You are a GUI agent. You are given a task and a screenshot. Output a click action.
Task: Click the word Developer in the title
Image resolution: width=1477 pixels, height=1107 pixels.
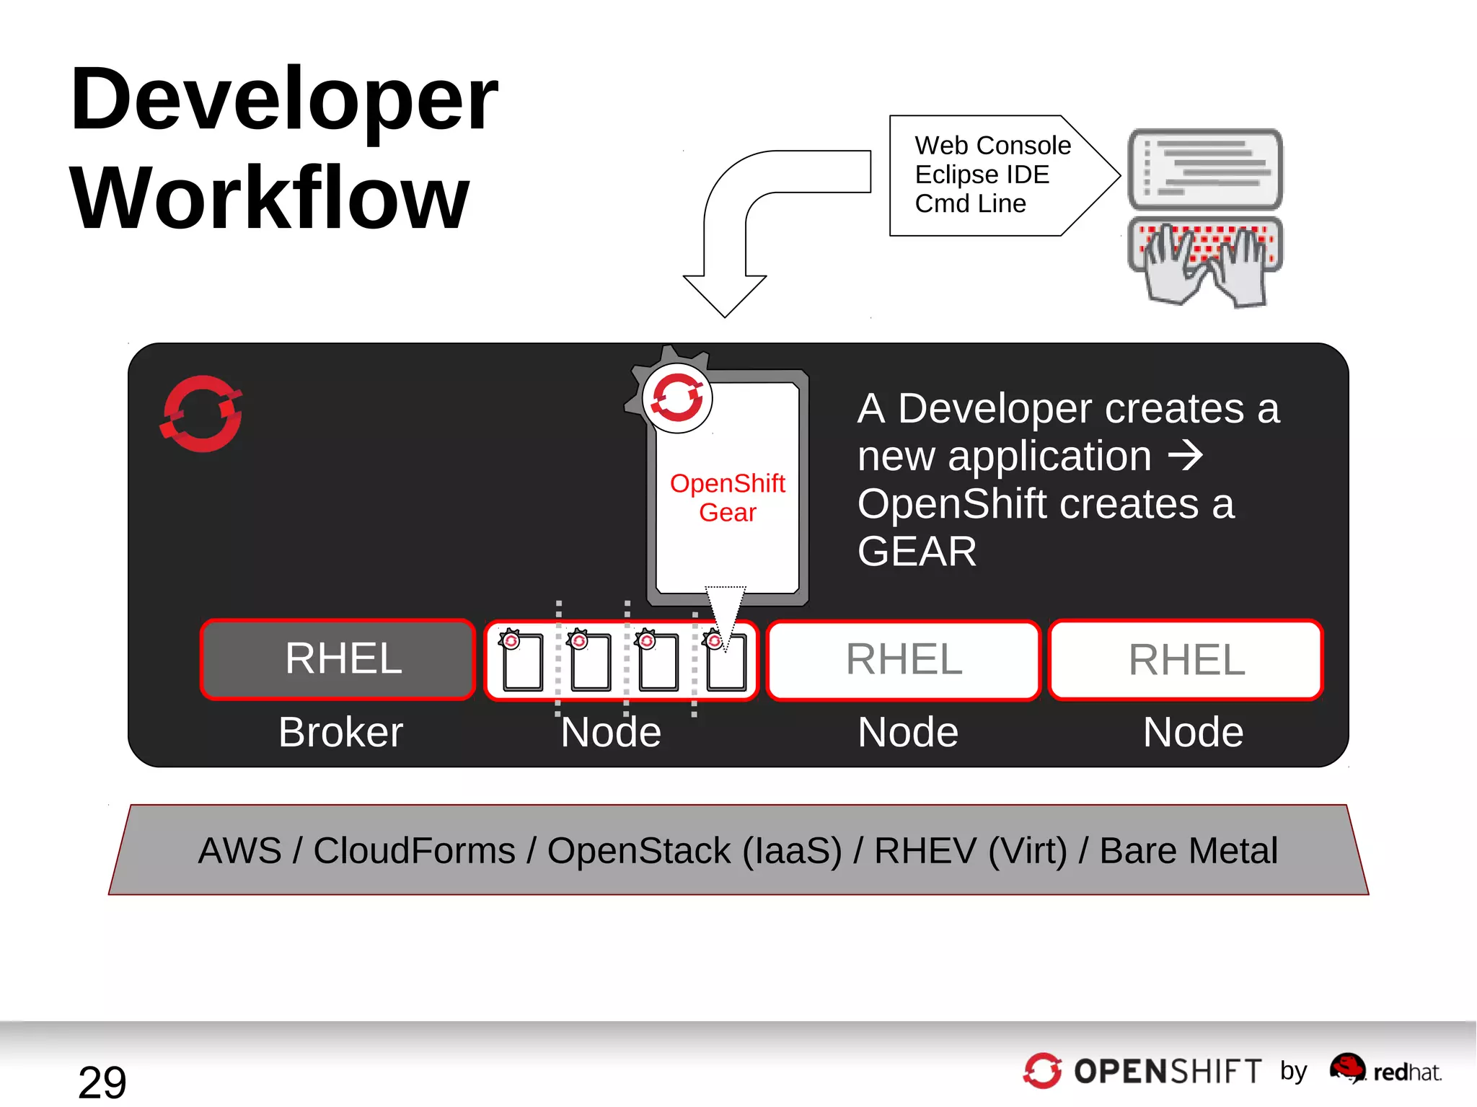pos(283,101)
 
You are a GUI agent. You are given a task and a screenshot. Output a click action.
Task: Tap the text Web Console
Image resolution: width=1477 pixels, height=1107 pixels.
pos(992,146)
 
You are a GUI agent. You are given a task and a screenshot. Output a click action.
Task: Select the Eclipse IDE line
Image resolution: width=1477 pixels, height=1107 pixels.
pos(982,175)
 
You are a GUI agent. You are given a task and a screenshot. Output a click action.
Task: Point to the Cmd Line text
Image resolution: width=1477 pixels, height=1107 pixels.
pos(970,204)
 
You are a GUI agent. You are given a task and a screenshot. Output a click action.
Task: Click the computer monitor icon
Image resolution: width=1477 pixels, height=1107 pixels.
pos(1205,170)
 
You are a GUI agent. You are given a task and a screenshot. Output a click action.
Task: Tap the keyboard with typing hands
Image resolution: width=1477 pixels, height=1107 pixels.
pos(1205,260)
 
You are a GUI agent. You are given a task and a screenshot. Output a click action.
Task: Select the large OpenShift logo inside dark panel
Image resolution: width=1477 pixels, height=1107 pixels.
pos(201,414)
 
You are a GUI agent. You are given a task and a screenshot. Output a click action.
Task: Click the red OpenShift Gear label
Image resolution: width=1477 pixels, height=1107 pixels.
pos(727,498)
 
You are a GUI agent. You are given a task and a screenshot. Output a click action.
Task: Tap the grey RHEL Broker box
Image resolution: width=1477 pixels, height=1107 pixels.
pos(338,659)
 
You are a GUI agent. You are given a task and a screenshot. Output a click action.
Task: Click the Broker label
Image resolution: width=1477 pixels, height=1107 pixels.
pos(340,733)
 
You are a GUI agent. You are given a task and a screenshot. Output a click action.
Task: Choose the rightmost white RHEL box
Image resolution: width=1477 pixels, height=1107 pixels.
pos(1186,660)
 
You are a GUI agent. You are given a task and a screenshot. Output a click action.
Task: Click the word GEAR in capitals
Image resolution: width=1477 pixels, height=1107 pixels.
pos(917,552)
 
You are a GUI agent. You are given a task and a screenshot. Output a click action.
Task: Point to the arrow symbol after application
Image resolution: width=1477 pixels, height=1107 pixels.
pos(1186,456)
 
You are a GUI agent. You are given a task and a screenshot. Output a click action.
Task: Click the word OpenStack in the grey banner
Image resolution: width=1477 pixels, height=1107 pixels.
pos(639,851)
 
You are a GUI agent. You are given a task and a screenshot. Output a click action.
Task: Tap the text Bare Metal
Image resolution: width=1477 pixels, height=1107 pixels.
pos(1189,851)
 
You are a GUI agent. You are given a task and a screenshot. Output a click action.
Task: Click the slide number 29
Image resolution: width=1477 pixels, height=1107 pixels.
pos(102,1082)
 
